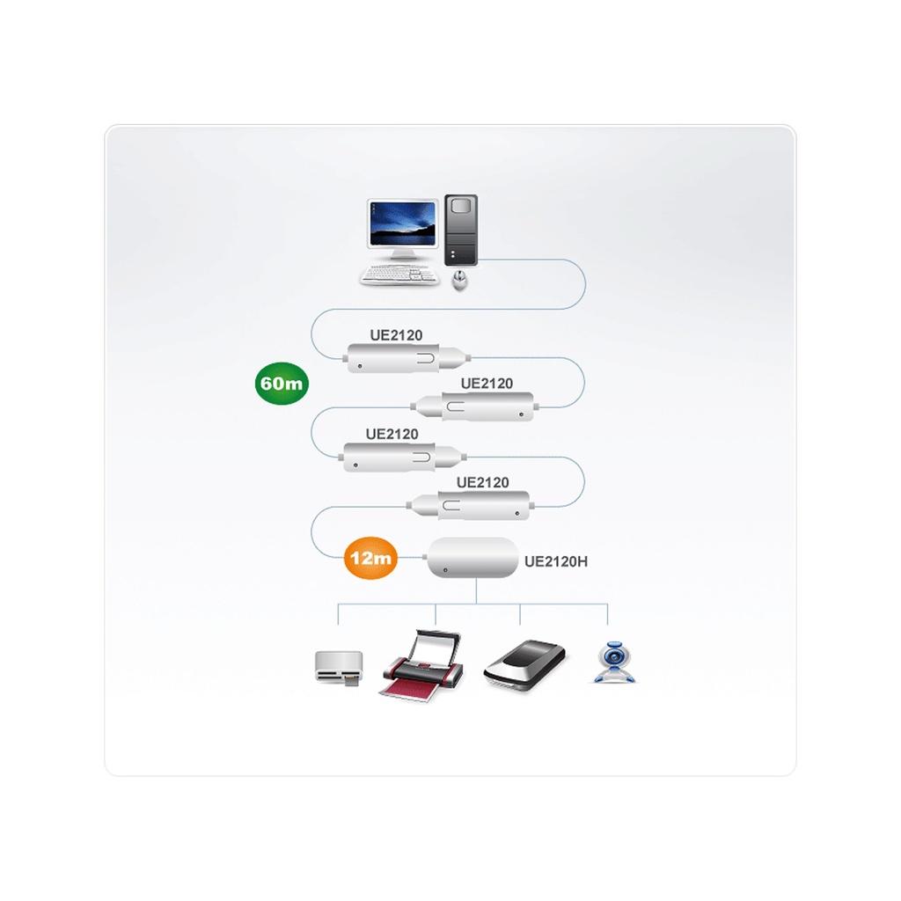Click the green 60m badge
click(282, 384)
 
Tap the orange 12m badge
click(370, 557)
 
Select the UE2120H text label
click(556, 562)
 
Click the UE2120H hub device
click(472, 557)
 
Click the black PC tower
click(461, 231)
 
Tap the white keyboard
click(399, 275)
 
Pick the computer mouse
click(459, 281)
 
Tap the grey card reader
click(339, 668)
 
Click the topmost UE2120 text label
click(396, 335)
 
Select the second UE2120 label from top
click(487, 384)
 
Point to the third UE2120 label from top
click(392, 434)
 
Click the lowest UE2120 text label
click(483, 482)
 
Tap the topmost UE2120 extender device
click(407, 359)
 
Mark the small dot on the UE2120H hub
click(445, 570)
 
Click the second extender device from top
click(474, 407)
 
